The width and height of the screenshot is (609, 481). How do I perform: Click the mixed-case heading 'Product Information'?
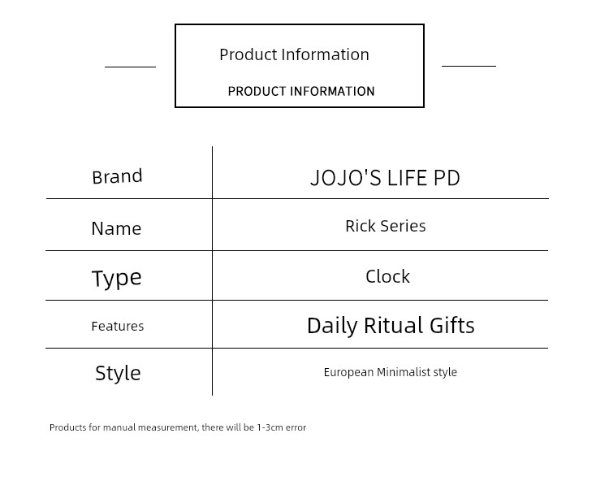pos(294,54)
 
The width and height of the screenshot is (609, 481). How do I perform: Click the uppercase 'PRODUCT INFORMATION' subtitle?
pos(301,91)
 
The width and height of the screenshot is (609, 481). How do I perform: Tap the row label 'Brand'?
pos(117,177)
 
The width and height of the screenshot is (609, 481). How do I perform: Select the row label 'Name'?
pos(116,228)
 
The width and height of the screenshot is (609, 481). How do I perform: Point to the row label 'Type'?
pos(116,278)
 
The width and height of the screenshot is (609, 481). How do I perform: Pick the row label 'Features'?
pos(117,326)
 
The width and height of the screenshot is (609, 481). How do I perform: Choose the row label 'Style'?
pos(118,374)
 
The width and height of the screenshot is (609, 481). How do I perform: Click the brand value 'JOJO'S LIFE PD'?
pos(385,178)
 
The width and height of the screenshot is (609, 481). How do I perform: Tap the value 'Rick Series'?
pos(385,226)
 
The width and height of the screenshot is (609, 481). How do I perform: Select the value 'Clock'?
pos(387,276)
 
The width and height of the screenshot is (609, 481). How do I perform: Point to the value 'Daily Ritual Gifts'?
pos(391,326)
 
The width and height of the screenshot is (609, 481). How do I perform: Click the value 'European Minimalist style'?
pos(391,372)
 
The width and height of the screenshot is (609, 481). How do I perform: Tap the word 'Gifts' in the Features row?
pos(452,325)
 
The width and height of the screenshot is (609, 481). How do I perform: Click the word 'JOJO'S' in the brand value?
pos(346,178)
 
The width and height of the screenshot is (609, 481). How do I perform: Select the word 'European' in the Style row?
pos(349,372)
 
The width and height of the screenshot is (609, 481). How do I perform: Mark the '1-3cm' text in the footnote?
pos(270,427)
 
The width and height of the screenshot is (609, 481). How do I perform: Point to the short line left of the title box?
pos(130,67)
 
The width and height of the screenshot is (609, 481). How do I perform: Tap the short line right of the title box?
pos(469,66)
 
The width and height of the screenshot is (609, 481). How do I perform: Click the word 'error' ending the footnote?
pos(296,427)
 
